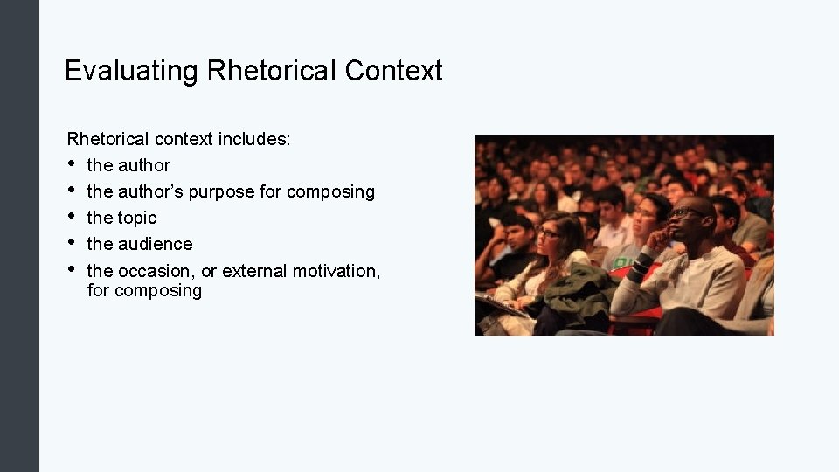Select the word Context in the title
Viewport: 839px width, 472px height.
click(x=393, y=71)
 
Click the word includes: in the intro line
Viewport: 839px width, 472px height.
click(x=254, y=139)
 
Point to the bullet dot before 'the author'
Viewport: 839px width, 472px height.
click(x=72, y=164)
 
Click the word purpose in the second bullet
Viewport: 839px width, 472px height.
click(x=222, y=191)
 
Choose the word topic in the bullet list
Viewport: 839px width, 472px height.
click(x=137, y=218)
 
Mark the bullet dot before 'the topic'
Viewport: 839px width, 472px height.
click(x=72, y=217)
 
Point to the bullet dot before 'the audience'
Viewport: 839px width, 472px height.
click(x=72, y=243)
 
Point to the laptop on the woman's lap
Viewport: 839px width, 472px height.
click(x=503, y=306)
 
